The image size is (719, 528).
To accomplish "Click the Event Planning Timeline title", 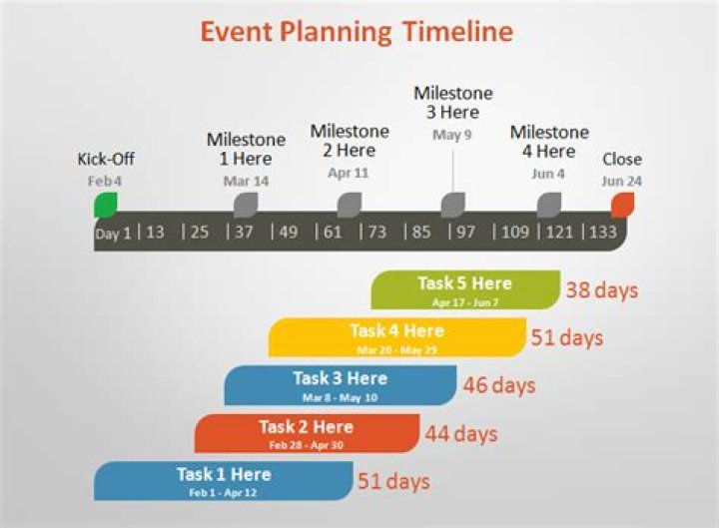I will pyautogui.click(x=357, y=32).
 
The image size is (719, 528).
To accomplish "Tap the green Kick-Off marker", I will pyautogui.click(x=106, y=205).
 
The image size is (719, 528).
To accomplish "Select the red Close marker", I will pyautogui.click(x=622, y=205).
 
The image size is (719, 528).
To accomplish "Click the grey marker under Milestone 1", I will pyautogui.click(x=246, y=205).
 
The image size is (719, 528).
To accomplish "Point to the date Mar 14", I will pyautogui.click(x=246, y=181).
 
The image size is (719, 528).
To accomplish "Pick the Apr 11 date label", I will pyautogui.click(x=349, y=173).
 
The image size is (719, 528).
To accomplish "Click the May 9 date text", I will pyautogui.click(x=452, y=135).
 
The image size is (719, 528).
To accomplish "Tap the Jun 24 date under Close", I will pyautogui.click(x=621, y=181).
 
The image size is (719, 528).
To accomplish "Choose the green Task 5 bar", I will pyautogui.click(x=464, y=289).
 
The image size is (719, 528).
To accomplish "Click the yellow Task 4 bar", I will pyautogui.click(x=396, y=337).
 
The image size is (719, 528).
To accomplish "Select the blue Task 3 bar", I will pyautogui.click(x=340, y=385).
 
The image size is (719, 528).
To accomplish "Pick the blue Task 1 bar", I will pyautogui.click(x=223, y=481).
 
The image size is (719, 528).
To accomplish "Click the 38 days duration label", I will pyautogui.click(x=602, y=290).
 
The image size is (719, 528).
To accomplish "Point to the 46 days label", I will pyautogui.click(x=499, y=385).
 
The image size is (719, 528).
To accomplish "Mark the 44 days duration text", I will pyautogui.click(x=461, y=433).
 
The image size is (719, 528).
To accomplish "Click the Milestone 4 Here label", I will pyautogui.click(x=549, y=142).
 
